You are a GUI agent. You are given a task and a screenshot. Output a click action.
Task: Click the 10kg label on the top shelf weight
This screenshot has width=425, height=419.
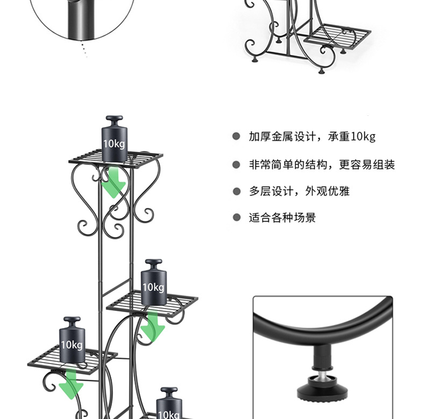114,144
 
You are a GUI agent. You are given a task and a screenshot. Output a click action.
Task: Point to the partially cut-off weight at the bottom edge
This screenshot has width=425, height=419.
169,404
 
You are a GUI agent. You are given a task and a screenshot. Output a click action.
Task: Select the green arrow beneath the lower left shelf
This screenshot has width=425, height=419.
70,383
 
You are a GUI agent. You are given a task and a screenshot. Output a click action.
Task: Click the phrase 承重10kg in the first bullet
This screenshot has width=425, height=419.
352,137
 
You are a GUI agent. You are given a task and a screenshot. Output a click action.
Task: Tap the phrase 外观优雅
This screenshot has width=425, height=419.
328,191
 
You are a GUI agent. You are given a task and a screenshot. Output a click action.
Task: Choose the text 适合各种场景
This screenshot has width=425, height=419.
282,218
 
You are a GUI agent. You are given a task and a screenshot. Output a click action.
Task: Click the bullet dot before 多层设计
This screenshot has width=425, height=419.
236,191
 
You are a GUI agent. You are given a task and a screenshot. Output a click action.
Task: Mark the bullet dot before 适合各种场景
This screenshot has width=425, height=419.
236,218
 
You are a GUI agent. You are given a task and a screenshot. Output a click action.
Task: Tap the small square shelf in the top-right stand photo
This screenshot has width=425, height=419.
337,36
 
